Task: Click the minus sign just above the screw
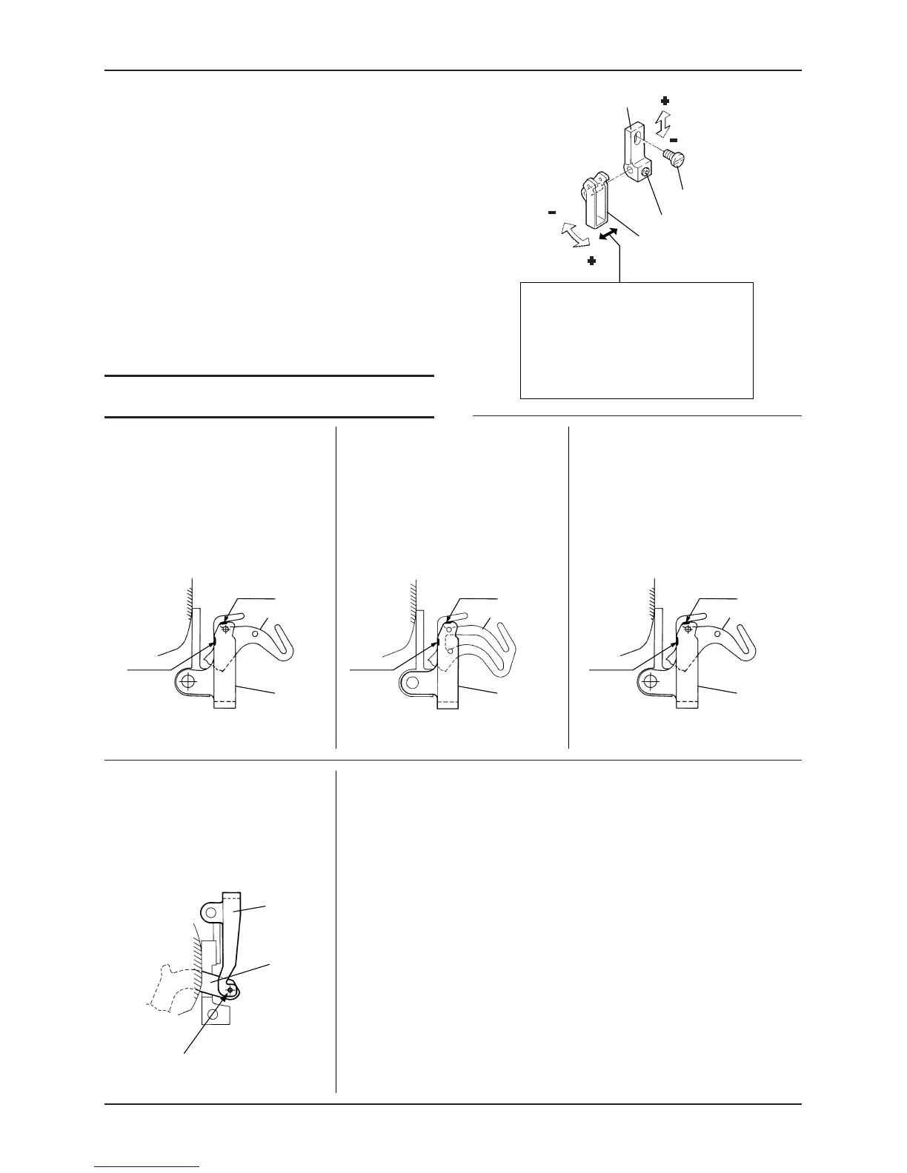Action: [674, 139]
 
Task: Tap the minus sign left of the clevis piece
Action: [552, 212]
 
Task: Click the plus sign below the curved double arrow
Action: [591, 261]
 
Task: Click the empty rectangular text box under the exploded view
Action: [637, 340]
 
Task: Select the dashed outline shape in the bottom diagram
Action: [171, 984]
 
